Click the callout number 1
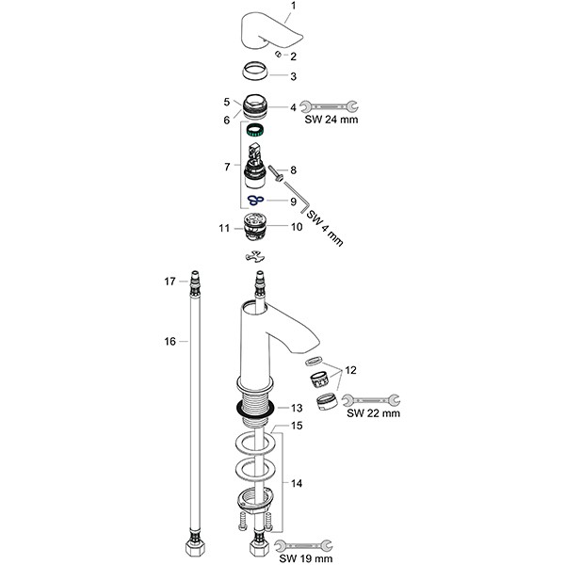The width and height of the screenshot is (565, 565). click(x=292, y=8)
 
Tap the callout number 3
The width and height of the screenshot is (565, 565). click(x=293, y=76)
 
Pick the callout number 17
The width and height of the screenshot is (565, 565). click(x=170, y=281)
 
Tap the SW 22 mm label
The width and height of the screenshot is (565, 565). click(x=373, y=412)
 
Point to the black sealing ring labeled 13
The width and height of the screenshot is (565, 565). click(x=254, y=408)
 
